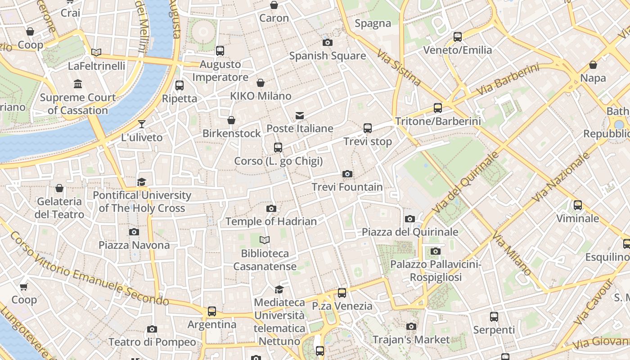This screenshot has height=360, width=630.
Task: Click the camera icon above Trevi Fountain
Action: tap(347, 174)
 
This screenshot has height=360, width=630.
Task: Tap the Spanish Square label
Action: tap(327, 56)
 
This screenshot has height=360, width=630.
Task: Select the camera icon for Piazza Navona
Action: tap(134, 232)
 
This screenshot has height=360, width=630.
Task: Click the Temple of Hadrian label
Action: tap(271, 221)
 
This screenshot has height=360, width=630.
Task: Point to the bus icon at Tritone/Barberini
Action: tap(437, 108)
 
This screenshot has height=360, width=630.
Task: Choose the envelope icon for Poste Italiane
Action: tap(300, 116)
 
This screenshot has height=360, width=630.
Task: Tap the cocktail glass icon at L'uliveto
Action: tap(142, 124)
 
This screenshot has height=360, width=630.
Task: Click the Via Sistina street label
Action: tap(399, 67)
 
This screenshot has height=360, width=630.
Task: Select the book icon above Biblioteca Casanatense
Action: tap(265, 240)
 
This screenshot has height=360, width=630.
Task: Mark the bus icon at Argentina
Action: tap(211, 311)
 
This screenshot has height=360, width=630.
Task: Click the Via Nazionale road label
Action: tap(560, 177)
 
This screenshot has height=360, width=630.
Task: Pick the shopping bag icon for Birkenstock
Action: tap(231, 120)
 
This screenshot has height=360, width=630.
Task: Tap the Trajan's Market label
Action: tap(411, 340)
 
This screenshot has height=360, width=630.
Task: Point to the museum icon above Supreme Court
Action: tap(78, 84)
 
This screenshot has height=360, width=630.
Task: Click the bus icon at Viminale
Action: tap(577, 206)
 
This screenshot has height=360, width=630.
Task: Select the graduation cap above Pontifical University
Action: tap(142, 182)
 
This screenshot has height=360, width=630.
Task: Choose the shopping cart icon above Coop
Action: tap(23, 287)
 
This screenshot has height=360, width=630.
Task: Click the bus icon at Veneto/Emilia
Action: tap(457, 37)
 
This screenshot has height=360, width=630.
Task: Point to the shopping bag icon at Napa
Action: tap(593, 65)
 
